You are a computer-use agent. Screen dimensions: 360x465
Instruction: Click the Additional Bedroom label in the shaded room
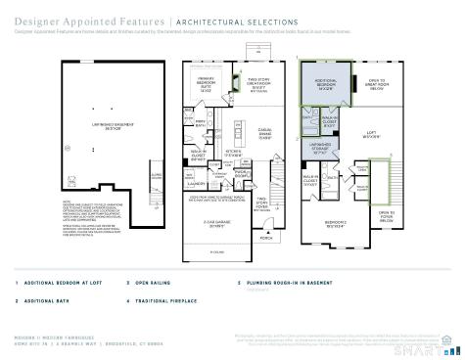[x=325, y=85]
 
